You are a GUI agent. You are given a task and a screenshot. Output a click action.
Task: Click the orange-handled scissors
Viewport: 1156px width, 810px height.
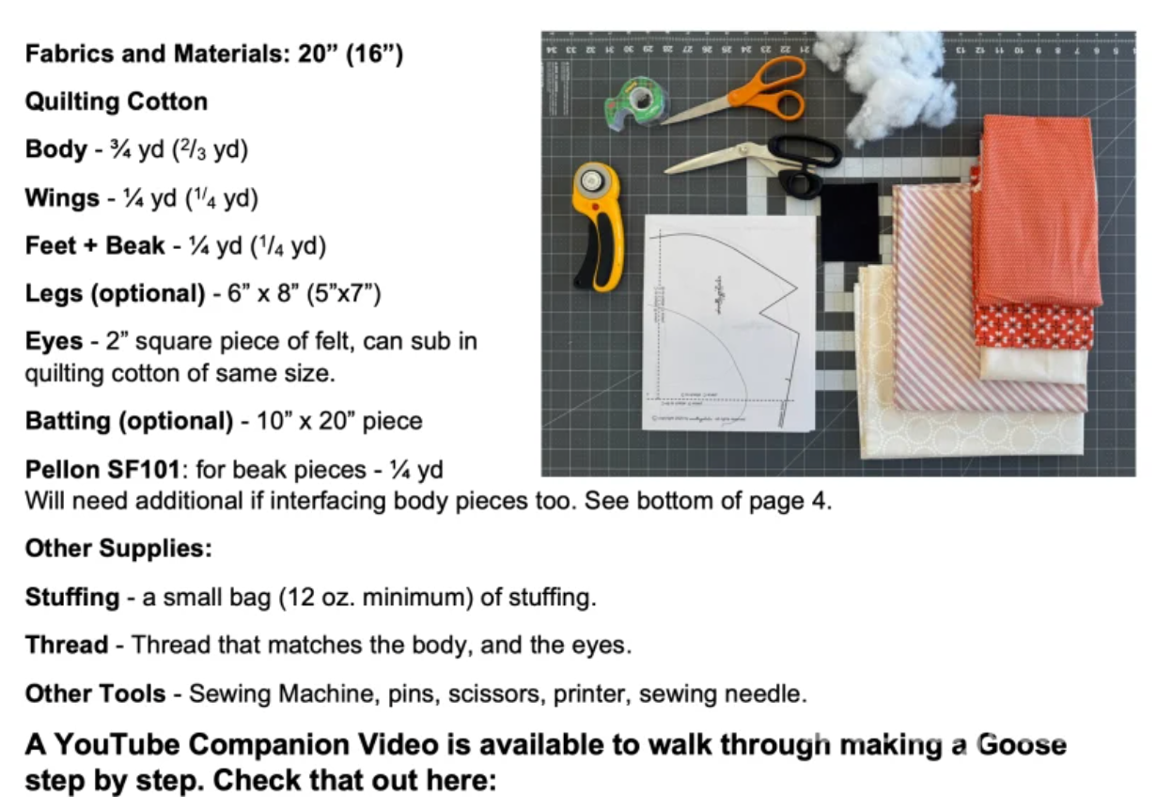coord(743,97)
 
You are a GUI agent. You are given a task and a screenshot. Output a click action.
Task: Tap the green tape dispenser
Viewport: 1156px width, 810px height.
coord(636,103)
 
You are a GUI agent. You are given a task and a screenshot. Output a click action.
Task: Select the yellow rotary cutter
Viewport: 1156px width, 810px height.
coord(599,227)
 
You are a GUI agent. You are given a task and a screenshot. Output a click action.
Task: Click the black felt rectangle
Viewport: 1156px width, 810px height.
coord(850,223)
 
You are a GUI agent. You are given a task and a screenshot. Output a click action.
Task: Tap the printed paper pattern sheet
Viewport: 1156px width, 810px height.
coord(728,323)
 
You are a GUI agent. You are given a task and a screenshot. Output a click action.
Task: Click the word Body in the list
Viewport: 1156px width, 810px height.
coord(56,149)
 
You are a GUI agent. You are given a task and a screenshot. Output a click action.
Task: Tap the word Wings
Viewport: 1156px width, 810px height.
coord(62,198)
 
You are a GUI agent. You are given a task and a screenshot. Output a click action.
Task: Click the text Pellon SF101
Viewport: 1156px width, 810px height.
coord(102,470)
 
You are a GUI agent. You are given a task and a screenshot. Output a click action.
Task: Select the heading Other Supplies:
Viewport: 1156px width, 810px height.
coord(118,548)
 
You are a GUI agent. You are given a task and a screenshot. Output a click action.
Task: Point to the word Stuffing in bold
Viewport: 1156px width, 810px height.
coord(72,598)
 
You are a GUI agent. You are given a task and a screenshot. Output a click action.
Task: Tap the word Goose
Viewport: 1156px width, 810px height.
coord(1022,744)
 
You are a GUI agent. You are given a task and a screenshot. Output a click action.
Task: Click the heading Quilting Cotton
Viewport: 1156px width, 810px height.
coord(117,101)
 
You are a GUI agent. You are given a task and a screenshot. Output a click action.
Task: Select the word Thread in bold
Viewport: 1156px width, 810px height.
coord(67,645)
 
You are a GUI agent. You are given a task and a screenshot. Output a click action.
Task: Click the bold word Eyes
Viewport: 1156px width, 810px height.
coord(54,341)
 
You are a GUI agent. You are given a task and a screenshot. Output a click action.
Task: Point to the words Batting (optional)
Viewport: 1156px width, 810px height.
coord(129,421)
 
